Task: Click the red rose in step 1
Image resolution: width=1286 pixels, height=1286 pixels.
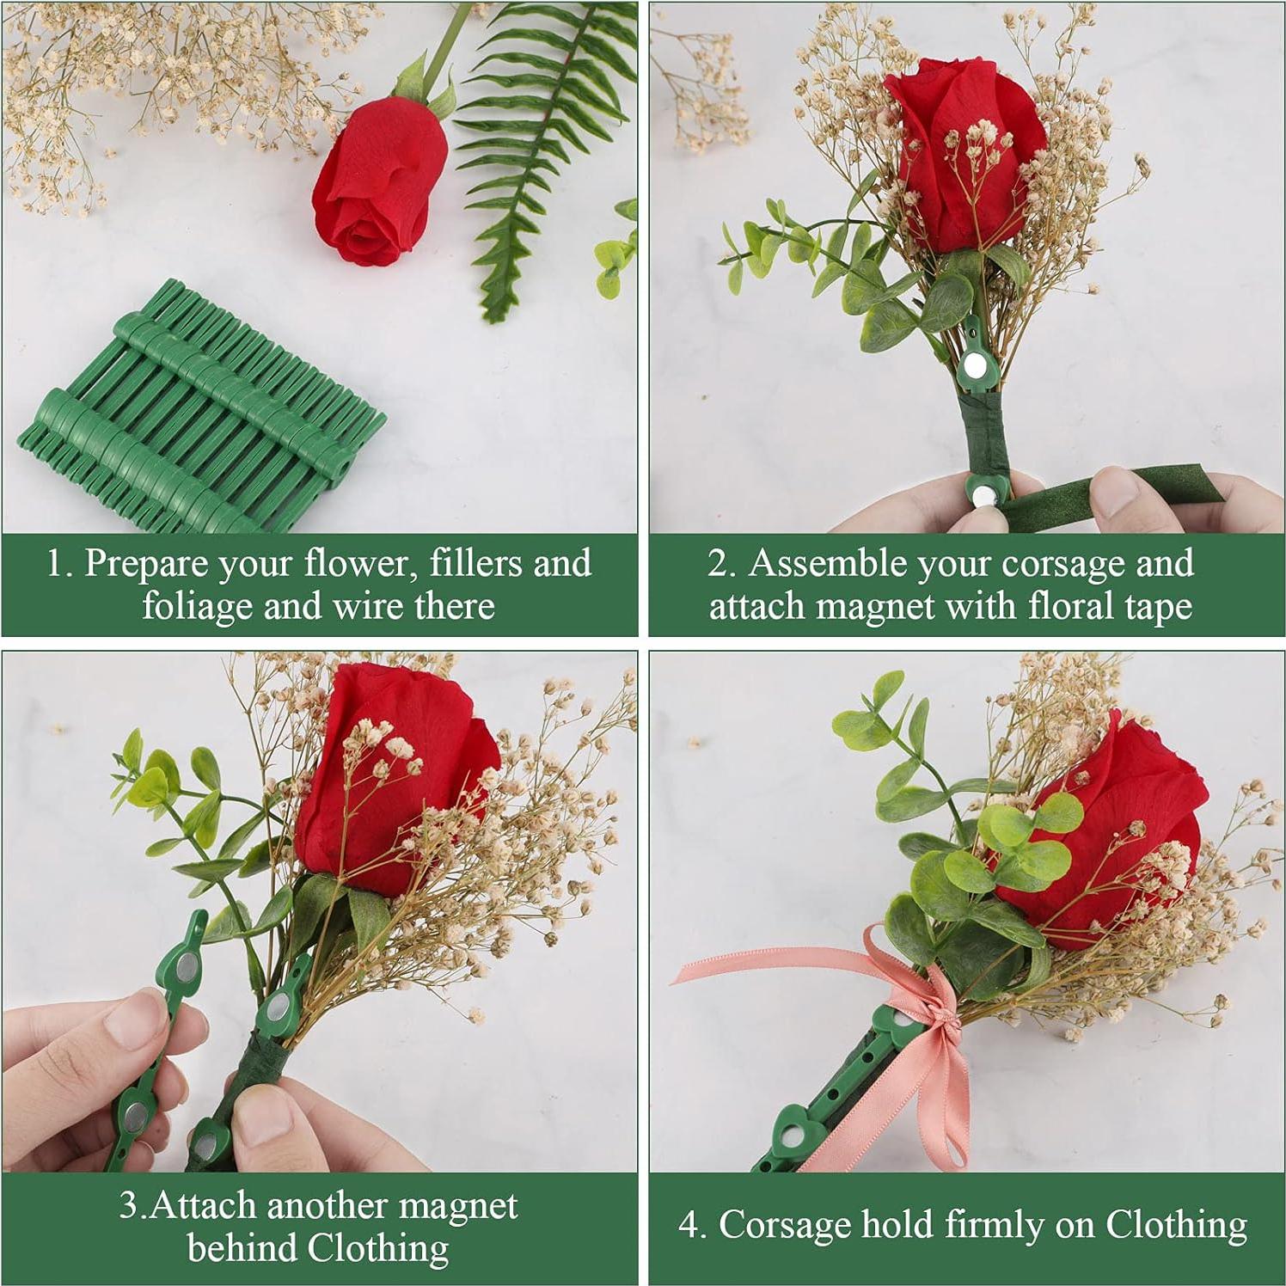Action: pyautogui.click(x=378, y=181)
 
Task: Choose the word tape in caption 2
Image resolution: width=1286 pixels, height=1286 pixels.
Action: pyautogui.click(x=1157, y=607)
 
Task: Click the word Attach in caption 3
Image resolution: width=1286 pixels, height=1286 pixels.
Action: pyautogui.click(x=203, y=1206)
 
